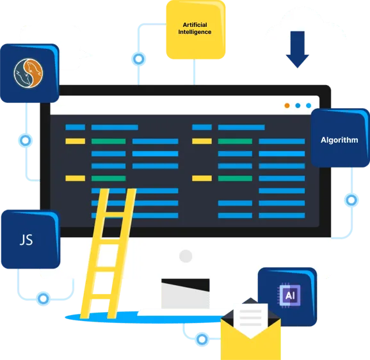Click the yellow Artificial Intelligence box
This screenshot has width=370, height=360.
point(196,29)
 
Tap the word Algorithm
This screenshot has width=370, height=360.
point(339,140)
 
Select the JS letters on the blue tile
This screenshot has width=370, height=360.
point(26,240)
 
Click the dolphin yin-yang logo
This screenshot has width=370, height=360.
point(28,74)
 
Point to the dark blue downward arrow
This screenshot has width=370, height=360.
point(297,49)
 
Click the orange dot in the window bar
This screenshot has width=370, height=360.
point(287,106)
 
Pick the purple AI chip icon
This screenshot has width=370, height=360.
point(290,296)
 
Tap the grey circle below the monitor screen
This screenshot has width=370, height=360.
point(186,256)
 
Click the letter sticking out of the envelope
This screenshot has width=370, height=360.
point(250,317)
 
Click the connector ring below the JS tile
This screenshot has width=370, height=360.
point(43,299)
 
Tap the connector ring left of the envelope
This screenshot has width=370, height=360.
point(202,340)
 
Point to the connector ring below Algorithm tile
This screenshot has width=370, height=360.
point(351,200)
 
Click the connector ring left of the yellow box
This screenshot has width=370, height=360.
point(138,59)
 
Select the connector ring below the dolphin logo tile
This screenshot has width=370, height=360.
point(25,141)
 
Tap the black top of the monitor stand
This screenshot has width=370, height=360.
point(186,285)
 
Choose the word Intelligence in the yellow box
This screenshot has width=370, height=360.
point(195,32)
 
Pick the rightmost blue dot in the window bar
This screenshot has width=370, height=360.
point(309,106)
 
